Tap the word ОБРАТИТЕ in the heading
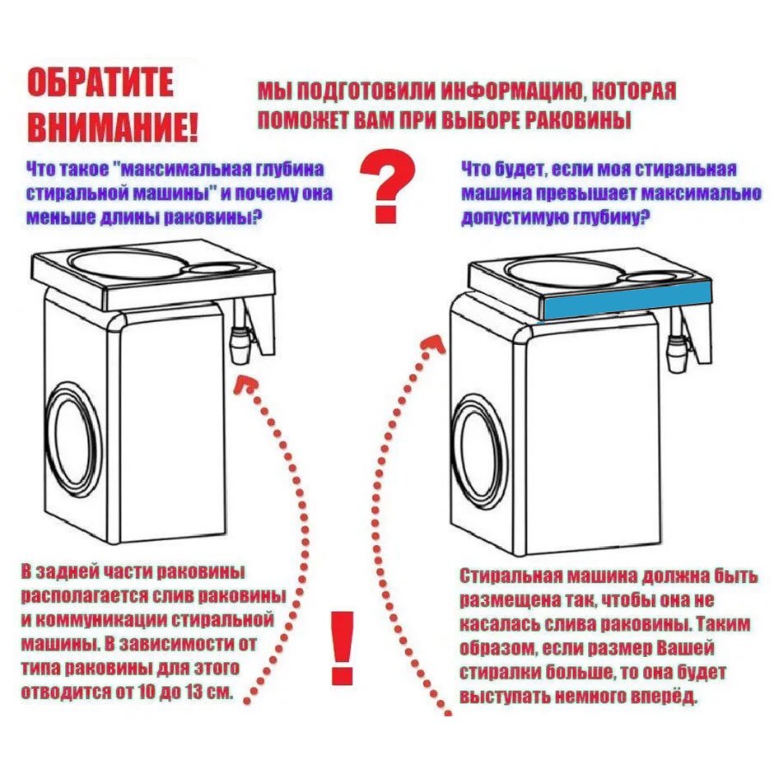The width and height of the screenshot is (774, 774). pyautogui.click(x=100, y=84)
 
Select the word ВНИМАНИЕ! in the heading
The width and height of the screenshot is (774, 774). pyautogui.click(x=113, y=124)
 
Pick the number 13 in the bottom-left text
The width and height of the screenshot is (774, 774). pyautogui.click(x=189, y=689)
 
